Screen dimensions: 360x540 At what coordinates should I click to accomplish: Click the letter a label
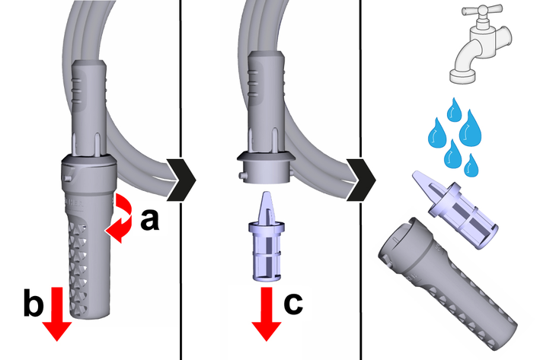(x=150, y=219)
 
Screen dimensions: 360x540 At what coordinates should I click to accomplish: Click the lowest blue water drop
(x=471, y=163)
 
